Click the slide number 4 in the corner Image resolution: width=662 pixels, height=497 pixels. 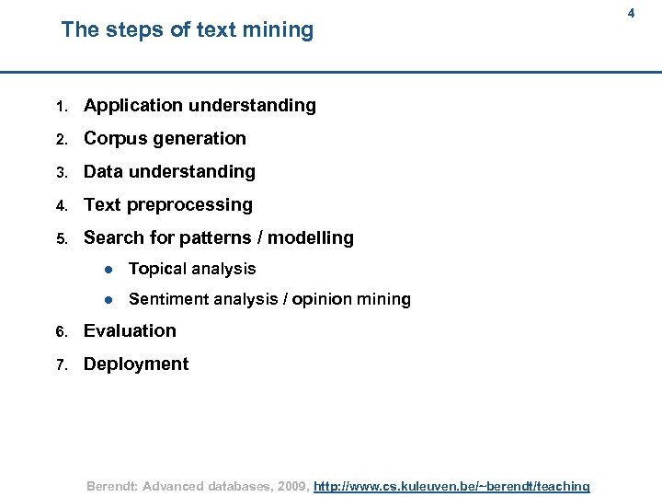coord(631,13)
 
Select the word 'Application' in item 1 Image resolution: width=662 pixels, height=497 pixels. coord(133,106)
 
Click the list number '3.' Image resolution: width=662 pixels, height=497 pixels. coord(61,173)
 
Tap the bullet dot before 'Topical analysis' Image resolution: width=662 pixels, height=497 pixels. coord(108,270)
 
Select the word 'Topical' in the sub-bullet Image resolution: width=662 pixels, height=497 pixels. coord(157,269)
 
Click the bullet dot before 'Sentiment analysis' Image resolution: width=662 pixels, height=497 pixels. coord(108,300)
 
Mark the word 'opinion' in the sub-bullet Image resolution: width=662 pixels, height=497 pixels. coord(322,299)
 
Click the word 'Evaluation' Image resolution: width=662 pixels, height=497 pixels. coord(130,330)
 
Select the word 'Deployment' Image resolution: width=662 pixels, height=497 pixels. coord(136,364)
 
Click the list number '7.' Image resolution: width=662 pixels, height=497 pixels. coord(61,365)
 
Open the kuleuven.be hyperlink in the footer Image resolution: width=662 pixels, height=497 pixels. coord(451,486)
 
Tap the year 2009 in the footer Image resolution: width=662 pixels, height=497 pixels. coord(289,486)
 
